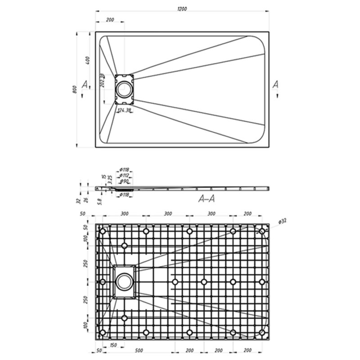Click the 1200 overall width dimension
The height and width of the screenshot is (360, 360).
182,9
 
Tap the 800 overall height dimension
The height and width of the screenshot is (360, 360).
75,89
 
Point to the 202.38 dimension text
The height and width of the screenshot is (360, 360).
102,80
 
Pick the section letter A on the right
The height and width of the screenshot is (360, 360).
275,85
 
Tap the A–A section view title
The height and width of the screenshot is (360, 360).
206,199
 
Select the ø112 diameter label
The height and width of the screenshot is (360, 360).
124,175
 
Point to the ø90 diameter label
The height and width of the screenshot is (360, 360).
124,181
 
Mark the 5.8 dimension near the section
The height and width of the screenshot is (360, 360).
100,201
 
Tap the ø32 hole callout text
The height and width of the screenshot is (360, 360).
282,221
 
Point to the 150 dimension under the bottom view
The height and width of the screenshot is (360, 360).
113,345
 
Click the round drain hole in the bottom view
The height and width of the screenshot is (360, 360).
123,281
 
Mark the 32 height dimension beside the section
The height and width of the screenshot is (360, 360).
79,200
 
